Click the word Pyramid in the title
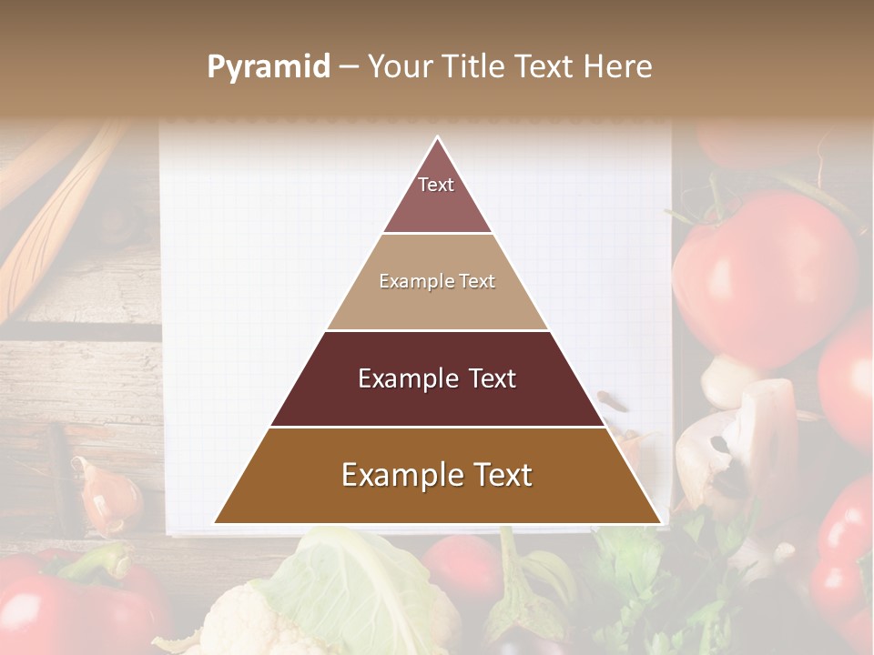pos(269,67)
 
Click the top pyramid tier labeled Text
pos(437,191)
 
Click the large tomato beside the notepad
pos(765,273)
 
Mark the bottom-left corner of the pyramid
pos(215,523)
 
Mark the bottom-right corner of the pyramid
pos(661,523)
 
